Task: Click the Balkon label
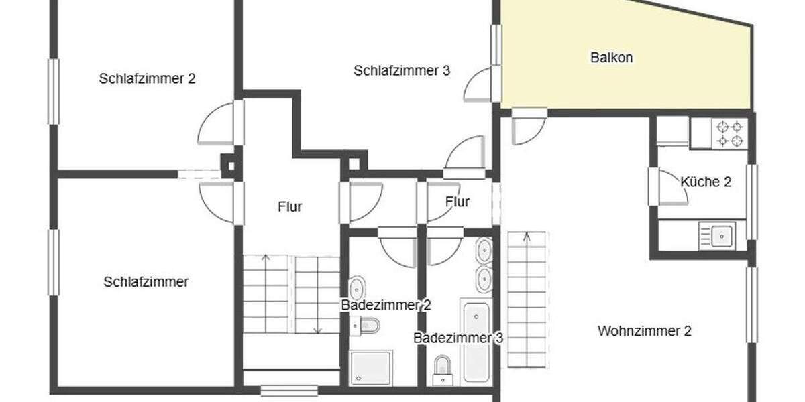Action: [x=611, y=58]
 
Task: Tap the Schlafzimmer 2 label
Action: [x=147, y=78]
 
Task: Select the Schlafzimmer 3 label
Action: [x=402, y=70]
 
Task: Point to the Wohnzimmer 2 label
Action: [x=644, y=330]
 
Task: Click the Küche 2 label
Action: [x=705, y=182]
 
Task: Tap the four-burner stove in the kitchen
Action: [x=729, y=133]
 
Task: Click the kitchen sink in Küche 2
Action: [x=718, y=235]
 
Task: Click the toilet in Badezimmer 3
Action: [x=442, y=371]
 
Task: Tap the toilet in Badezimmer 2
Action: [x=368, y=326]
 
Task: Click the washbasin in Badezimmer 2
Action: [x=357, y=287]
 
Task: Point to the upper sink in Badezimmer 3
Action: [x=484, y=252]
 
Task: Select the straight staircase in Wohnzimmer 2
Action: [x=527, y=299]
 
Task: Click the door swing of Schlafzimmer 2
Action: [x=216, y=124]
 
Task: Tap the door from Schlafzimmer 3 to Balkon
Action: [x=480, y=85]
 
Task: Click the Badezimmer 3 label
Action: [x=458, y=338]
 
